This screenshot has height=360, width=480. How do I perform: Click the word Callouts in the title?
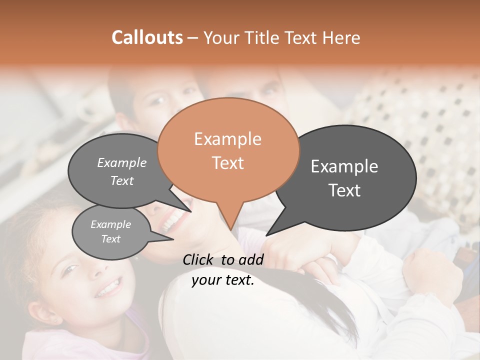(x=147, y=37)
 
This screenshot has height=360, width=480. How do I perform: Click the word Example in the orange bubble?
(x=227, y=139)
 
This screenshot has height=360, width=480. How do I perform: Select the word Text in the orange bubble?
(x=227, y=162)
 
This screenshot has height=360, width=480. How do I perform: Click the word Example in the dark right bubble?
(x=344, y=166)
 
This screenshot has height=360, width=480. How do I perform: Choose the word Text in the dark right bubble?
(x=344, y=190)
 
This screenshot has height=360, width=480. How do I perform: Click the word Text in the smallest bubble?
(x=110, y=239)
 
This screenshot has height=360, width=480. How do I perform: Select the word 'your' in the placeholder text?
(x=206, y=280)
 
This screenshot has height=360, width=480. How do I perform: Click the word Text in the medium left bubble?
(x=122, y=180)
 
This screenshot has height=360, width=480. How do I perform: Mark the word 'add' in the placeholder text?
(x=251, y=259)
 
